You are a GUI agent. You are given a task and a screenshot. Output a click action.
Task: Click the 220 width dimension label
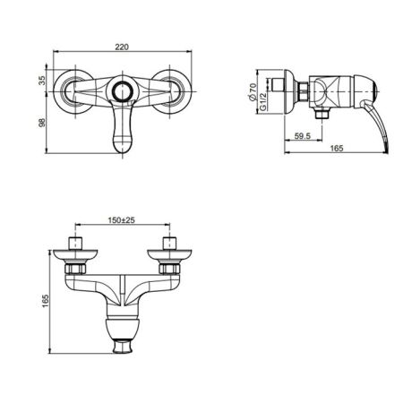(x=122, y=47)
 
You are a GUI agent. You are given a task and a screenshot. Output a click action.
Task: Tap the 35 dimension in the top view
(x=43, y=81)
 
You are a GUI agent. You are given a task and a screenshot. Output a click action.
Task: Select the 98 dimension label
(x=43, y=123)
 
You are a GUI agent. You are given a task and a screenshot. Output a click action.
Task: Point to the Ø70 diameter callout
(x=253, y=91)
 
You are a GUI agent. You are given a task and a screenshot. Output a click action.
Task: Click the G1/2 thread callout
(x=262, y=101)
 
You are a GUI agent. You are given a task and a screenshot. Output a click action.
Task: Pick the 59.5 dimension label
(x=303, y=136)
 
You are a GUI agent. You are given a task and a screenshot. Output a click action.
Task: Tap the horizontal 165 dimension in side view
(x=337, y=148)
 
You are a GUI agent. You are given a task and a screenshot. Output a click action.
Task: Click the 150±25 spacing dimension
(x=122, y=220)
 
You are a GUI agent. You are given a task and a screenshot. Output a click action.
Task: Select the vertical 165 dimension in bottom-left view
(x=45, y=301)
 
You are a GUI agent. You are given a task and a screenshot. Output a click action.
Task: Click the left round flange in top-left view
(x=56, y=91)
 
